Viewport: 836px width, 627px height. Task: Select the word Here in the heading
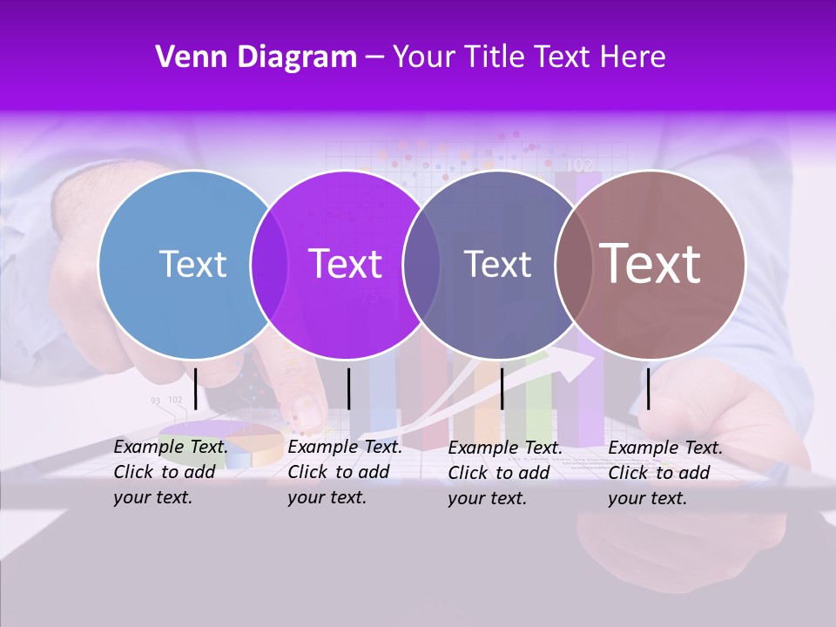click(x=633, y=57)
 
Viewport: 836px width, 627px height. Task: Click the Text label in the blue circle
click(x=192, y=264)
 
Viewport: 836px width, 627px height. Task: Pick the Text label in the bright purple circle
click(x=346, y=264)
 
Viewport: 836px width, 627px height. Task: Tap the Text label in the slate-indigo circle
click(x=497, y=264)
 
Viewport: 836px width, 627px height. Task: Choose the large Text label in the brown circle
click(x=651, y=264)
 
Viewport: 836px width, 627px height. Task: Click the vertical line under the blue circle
click(x=195, y=388)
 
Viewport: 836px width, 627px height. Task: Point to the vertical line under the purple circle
click(x=348, y=388)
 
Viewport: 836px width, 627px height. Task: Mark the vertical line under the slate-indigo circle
click(x=502, y=388)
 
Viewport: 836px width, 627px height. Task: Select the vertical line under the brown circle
click(x=649, y=388)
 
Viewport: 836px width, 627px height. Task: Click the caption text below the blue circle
click(x=171, y=472)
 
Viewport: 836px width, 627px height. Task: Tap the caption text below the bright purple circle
click(x=345, y=472)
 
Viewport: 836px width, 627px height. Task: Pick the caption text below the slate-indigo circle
click(x=505, y=473)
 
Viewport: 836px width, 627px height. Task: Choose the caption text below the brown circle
click(x=665, y=473)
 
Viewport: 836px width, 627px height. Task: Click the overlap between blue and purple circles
click(x=269, y=264)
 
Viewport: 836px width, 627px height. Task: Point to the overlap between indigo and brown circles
click(x=574, y=264)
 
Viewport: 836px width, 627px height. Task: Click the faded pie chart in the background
click(x=222, y=441)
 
